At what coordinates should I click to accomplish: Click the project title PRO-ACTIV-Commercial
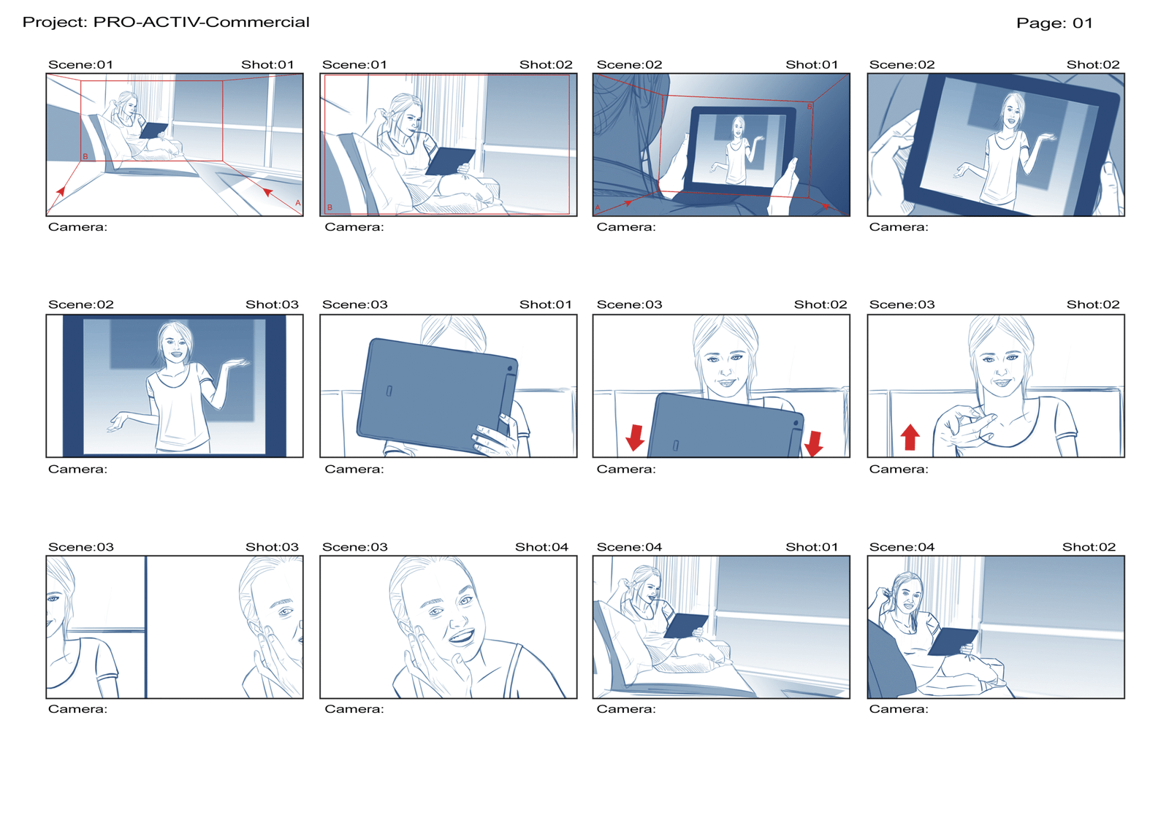point(201,22)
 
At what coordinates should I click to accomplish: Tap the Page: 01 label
point(1054,23)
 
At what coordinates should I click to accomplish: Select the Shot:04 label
point(541,547)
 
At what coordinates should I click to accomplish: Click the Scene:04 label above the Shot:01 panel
point(629,547)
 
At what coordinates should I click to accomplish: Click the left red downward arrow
point(635,437)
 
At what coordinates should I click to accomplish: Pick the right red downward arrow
point(814,443)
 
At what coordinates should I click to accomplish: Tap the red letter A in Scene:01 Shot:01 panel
point(298,202)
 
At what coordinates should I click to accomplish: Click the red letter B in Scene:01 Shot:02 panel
point(330,207)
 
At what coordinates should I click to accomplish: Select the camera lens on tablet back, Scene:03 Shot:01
point(510,369)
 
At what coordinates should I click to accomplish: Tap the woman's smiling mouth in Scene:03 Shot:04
point(461,636)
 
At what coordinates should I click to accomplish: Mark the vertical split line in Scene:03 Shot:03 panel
point(145,627)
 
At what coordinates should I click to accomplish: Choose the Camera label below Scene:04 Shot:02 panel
point(899,708)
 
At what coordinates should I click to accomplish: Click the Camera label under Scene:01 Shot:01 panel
point(77,227)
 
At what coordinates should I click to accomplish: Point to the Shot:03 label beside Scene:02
point(272,305)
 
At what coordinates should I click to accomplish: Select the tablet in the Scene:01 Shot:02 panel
point(450,161)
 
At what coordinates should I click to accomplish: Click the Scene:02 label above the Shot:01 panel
point(629,65)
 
